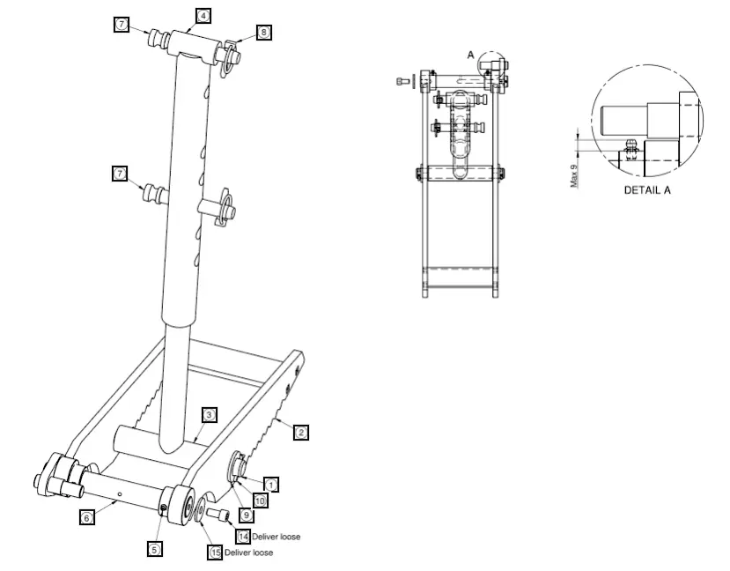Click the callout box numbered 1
[272, 484]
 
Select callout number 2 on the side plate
[300, 432]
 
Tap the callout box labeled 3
[209, 414]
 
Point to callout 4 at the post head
[203, 16]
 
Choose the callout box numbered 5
[154, 549]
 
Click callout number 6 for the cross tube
[86, 518]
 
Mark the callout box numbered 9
[247, 514]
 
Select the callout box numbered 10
[260, 500]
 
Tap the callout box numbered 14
[242, 536]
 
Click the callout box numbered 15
[215, 552]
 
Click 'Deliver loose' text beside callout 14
[276, 537]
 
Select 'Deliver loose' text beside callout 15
[248, 552]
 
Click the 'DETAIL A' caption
[647, 190]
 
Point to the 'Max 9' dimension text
[574, 173]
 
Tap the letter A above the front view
[470, 55]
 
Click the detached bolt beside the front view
[404, 81]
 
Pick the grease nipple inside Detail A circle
[630, 145]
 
